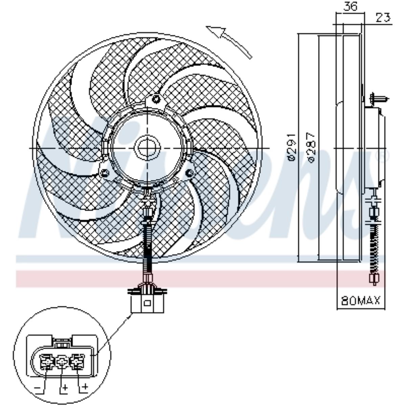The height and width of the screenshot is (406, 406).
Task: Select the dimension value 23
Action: coord(383,17)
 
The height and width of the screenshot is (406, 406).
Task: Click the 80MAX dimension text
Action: coord(361,300)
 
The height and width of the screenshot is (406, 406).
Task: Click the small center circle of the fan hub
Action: coord(148,148)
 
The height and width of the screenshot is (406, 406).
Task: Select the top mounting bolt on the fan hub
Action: coord(156,99)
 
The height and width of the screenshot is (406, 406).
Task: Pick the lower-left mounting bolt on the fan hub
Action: coord(105,174)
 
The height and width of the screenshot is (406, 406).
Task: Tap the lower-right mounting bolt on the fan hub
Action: coord(190,173)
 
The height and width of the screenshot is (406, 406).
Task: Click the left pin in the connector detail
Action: coord(46,363)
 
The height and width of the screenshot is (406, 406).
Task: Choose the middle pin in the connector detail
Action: coord(62,363)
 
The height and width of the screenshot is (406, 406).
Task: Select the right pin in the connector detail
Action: coord(77,363)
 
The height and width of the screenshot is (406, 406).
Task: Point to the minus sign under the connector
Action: coord(38,387)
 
